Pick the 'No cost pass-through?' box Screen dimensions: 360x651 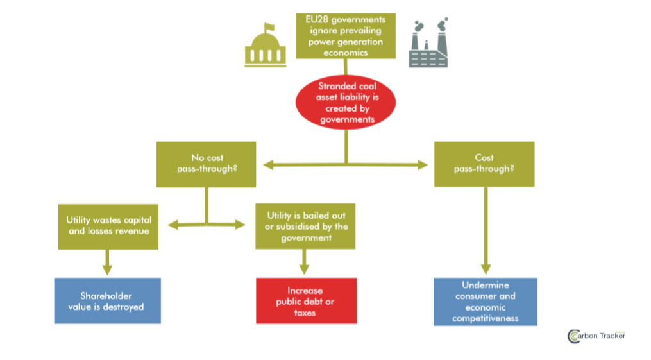click(207, 164)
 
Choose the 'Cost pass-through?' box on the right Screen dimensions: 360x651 click(484, 164)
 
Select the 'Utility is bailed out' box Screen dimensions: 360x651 click(305, 226)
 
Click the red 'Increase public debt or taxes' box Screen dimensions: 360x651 click(306, 301)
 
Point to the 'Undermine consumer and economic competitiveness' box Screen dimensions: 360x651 click(485, 301)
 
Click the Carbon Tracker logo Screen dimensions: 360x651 click(595, 336)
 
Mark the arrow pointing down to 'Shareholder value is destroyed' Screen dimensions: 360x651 click(107, 262)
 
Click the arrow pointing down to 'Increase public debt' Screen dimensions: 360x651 click(305, 262)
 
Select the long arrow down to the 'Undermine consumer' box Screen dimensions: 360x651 click(485, 231)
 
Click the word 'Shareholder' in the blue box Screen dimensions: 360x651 click(106, 296)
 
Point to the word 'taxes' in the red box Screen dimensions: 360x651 click(305, 313)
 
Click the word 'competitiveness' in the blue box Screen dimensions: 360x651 click(485, 318)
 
